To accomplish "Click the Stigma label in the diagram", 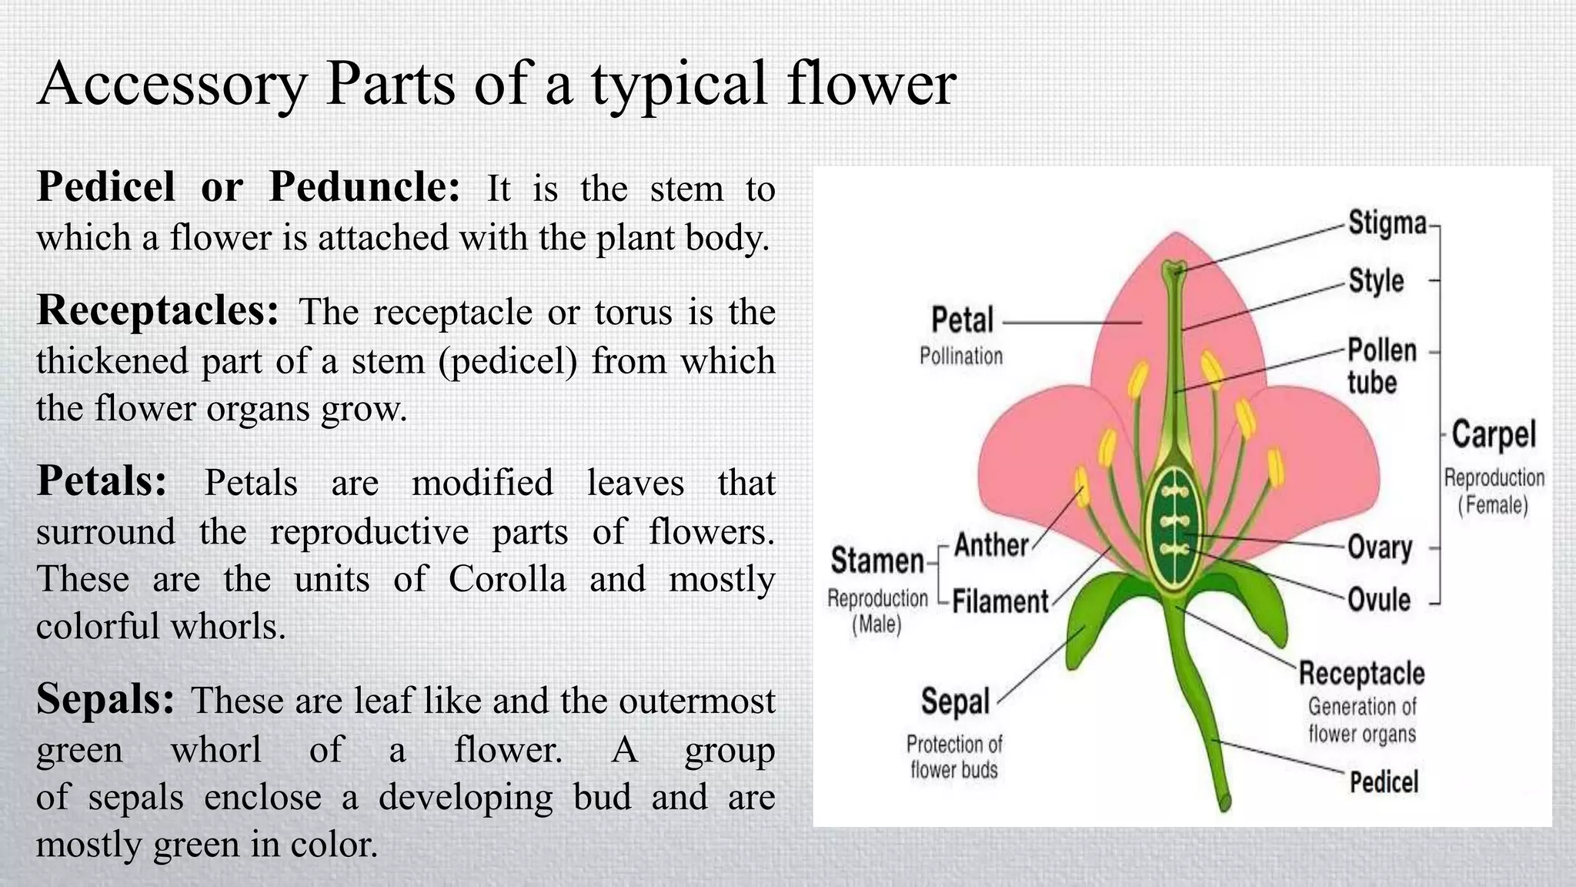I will (1387, 223).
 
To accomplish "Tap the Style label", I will (1376, 281).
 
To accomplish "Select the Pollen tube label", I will (1381, 366).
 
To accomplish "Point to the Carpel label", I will (1493, 435).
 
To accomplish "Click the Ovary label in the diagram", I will (1380, 547).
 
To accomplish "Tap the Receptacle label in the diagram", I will (1361, 674).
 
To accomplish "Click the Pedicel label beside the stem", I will (1384, 782).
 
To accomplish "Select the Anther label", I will (991, 545).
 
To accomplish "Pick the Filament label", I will (1000, 601).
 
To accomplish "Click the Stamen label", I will (877, 561).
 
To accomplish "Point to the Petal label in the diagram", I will (962, 320).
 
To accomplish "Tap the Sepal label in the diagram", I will (955, 701).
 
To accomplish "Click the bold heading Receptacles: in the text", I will (158, 311).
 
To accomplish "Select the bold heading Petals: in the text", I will (102, 482).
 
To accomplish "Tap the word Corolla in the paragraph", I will (507, 579).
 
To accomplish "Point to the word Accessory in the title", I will (172, 84).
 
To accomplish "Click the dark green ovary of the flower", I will (1174, 531).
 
